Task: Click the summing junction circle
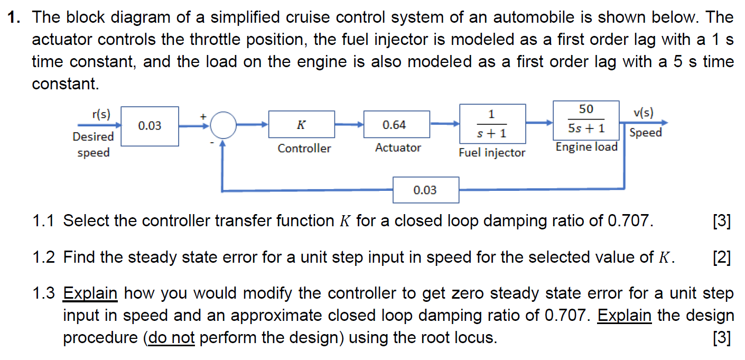tap(224, 125)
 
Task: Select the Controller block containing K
tap(302, 125)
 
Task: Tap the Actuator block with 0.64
tap(396, 125)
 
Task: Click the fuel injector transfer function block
tap(492, 124)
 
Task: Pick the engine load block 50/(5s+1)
tap(586, 119)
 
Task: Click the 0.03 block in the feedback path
tap(425, 190)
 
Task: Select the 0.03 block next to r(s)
tap(150, 126)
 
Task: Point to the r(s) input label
tap(100, 114)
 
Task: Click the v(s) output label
tap(643, 113)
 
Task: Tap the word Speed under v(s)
tap(646, 133)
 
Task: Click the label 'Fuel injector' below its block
tap(492, 153)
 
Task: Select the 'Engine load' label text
tap(586, 147)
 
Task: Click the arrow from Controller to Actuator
tap(349, 125)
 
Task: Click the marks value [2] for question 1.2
tap(721, 257)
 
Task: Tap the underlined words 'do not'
tap(171, 338)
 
